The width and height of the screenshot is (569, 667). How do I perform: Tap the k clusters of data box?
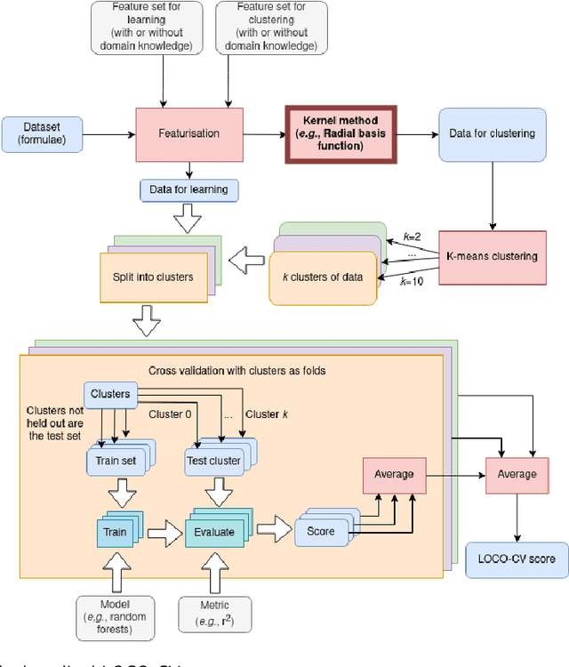(x=322, y=277)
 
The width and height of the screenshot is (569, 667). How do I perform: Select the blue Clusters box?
(x=111, y=393)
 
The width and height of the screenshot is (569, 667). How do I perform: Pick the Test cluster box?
(x=214, y=461)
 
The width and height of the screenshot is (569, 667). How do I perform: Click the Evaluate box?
(x=213, y=532)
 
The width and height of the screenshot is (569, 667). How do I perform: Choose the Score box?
(x=322, y=532)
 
